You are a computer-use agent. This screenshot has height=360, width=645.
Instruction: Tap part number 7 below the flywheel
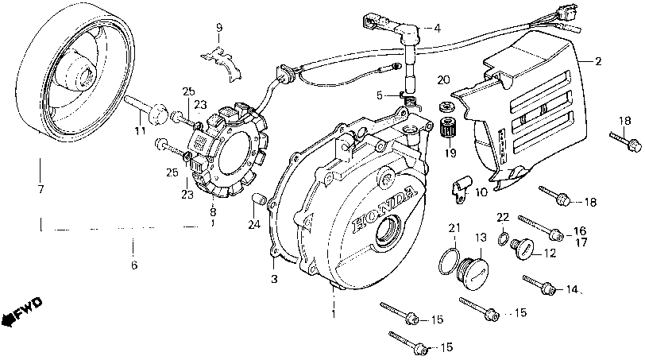pyautogui.click(x=40, y=190)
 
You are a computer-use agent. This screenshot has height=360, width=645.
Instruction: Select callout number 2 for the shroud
pyautogui.click(x=599, y=60)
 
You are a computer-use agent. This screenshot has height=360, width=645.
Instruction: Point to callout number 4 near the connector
pyautogui.click(x=436, y=28)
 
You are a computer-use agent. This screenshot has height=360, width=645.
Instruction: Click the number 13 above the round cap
pyautogui.click(x=480, y=238)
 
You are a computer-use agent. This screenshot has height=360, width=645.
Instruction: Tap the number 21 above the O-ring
pyautogui.click(x=453, y=229)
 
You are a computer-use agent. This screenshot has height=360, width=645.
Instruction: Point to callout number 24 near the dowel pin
pyautogui.click(x=253, y=225)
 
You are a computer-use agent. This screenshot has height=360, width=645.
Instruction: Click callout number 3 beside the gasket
pyautogui.click(x=275, y=279)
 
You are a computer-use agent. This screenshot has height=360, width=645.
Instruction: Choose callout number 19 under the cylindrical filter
pyautogui.click(x=450, y=153)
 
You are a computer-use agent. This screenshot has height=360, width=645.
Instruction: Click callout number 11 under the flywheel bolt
pyautogui.click(x=140, y=130)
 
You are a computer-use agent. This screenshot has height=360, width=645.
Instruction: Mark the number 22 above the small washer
pyautogui.click(x=502, y=217)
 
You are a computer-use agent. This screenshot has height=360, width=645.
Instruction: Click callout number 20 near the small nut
pyautogui.click(x=443, y=80)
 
